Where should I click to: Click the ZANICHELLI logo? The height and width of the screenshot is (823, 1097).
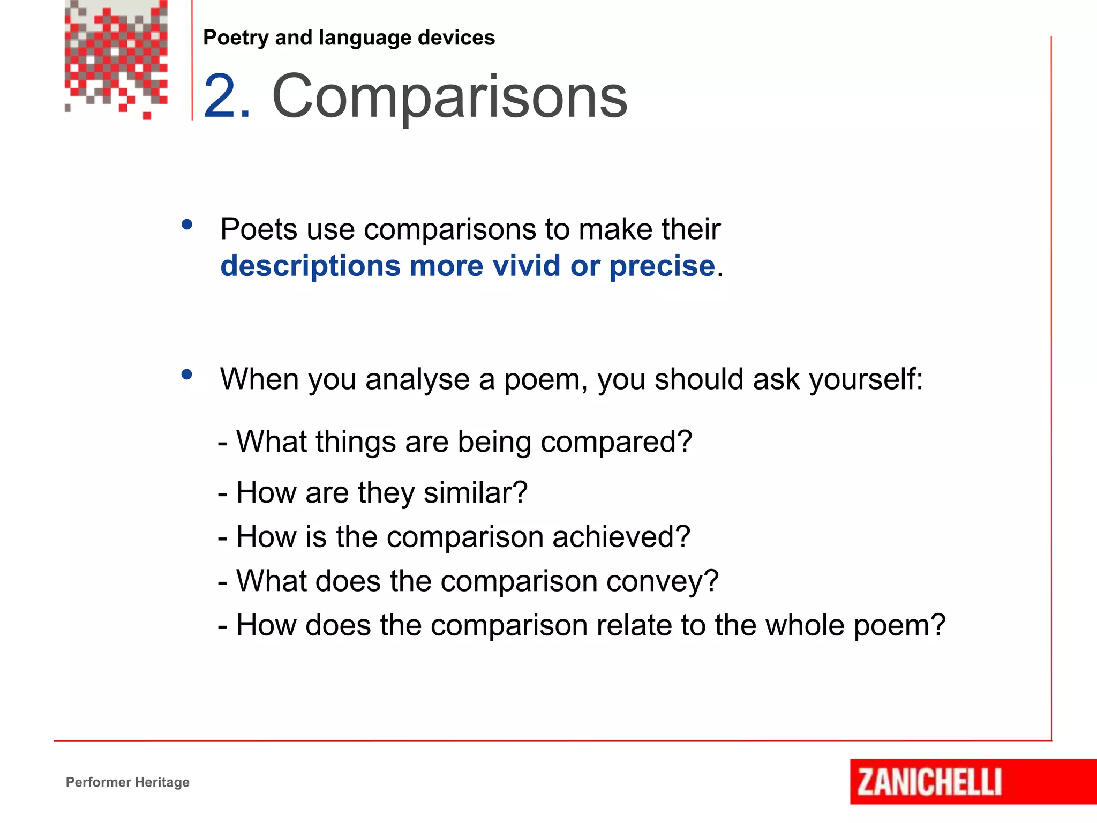(929, 782)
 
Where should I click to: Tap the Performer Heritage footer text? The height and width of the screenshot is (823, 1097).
(127, 782)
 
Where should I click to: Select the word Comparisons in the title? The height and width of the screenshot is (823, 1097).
(449, 96)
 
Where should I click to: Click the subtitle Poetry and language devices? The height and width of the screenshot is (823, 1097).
(349, 38)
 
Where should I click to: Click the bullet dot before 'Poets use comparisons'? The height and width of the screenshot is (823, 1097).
(187, 225)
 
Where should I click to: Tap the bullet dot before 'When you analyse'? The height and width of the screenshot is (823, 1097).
(187, 375)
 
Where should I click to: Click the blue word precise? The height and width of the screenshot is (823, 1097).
(662, 266)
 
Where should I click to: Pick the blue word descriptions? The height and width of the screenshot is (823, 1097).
(310, 266)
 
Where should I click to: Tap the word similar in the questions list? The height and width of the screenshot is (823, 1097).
(475, 492)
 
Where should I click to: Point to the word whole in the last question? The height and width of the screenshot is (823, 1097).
(805, 625)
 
